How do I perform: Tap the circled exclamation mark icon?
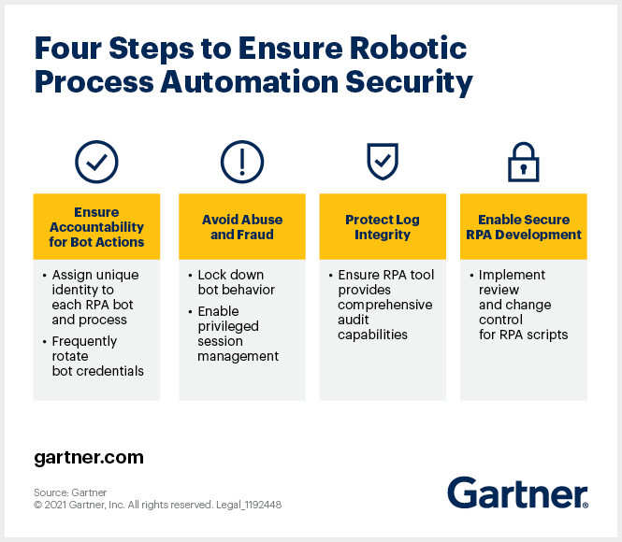tap(242, 162)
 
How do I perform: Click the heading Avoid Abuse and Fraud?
tap(242, 227)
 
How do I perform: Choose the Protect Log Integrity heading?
tap(383, 227)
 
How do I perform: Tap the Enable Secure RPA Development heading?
tap(524, 227)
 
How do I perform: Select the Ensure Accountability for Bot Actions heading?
tap(96, 227)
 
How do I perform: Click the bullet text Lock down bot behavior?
tap(236, 282)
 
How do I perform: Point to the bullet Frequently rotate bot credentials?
tap(97, 356)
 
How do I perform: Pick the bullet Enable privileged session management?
tap(238, 334)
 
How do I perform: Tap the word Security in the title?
tap(409, 82)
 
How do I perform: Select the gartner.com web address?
tap(89, 458)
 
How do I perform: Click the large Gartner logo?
tap(518, 492)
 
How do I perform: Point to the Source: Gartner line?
tap(70, 492)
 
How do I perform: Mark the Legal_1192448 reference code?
tap(249, 505)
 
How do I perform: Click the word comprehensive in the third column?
tap(385, 305)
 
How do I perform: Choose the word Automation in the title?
tap(250, 82)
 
